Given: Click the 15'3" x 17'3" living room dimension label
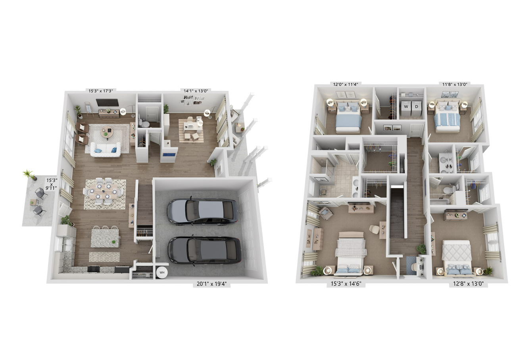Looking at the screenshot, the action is click(101, 90).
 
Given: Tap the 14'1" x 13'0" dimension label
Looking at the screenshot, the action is click(196, 90).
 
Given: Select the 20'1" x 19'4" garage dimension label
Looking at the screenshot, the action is click(211, 284).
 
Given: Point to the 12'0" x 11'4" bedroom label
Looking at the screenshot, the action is click(346, 84).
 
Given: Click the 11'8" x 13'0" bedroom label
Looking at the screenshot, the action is click(455, 84).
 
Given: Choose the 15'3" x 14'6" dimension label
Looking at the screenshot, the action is click(346, 283).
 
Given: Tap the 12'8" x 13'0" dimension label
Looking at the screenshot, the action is click(468, 283).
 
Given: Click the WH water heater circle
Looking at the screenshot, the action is click(162, 273).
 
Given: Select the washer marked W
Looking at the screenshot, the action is click(406, 108).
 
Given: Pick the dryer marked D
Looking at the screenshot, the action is click(417, 108).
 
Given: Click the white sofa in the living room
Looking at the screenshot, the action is click(106, 150).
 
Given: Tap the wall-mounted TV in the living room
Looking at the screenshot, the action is click(107, 102).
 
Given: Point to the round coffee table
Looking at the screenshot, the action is click(107, 133).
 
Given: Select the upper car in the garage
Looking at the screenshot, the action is click(203, 211).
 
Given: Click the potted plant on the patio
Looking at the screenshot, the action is click(29, 175).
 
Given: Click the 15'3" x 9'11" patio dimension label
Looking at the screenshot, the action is click(52, 184).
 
